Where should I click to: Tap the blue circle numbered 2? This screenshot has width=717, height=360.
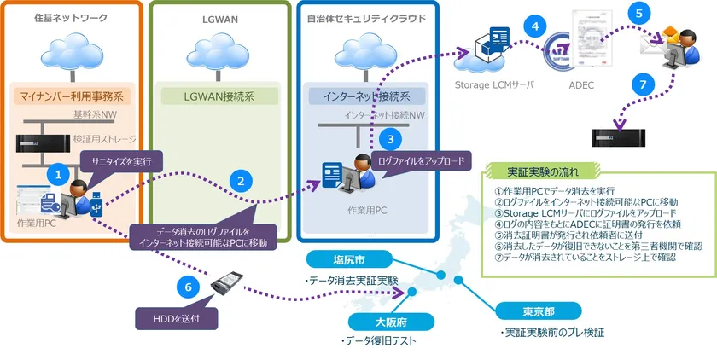[x=242, y=180]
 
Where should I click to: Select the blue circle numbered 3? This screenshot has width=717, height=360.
[x=389, y=136]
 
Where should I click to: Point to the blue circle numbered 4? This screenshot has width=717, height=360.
[x=534, y=26]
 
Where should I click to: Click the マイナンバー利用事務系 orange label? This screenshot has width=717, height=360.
[x=67, y=95]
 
